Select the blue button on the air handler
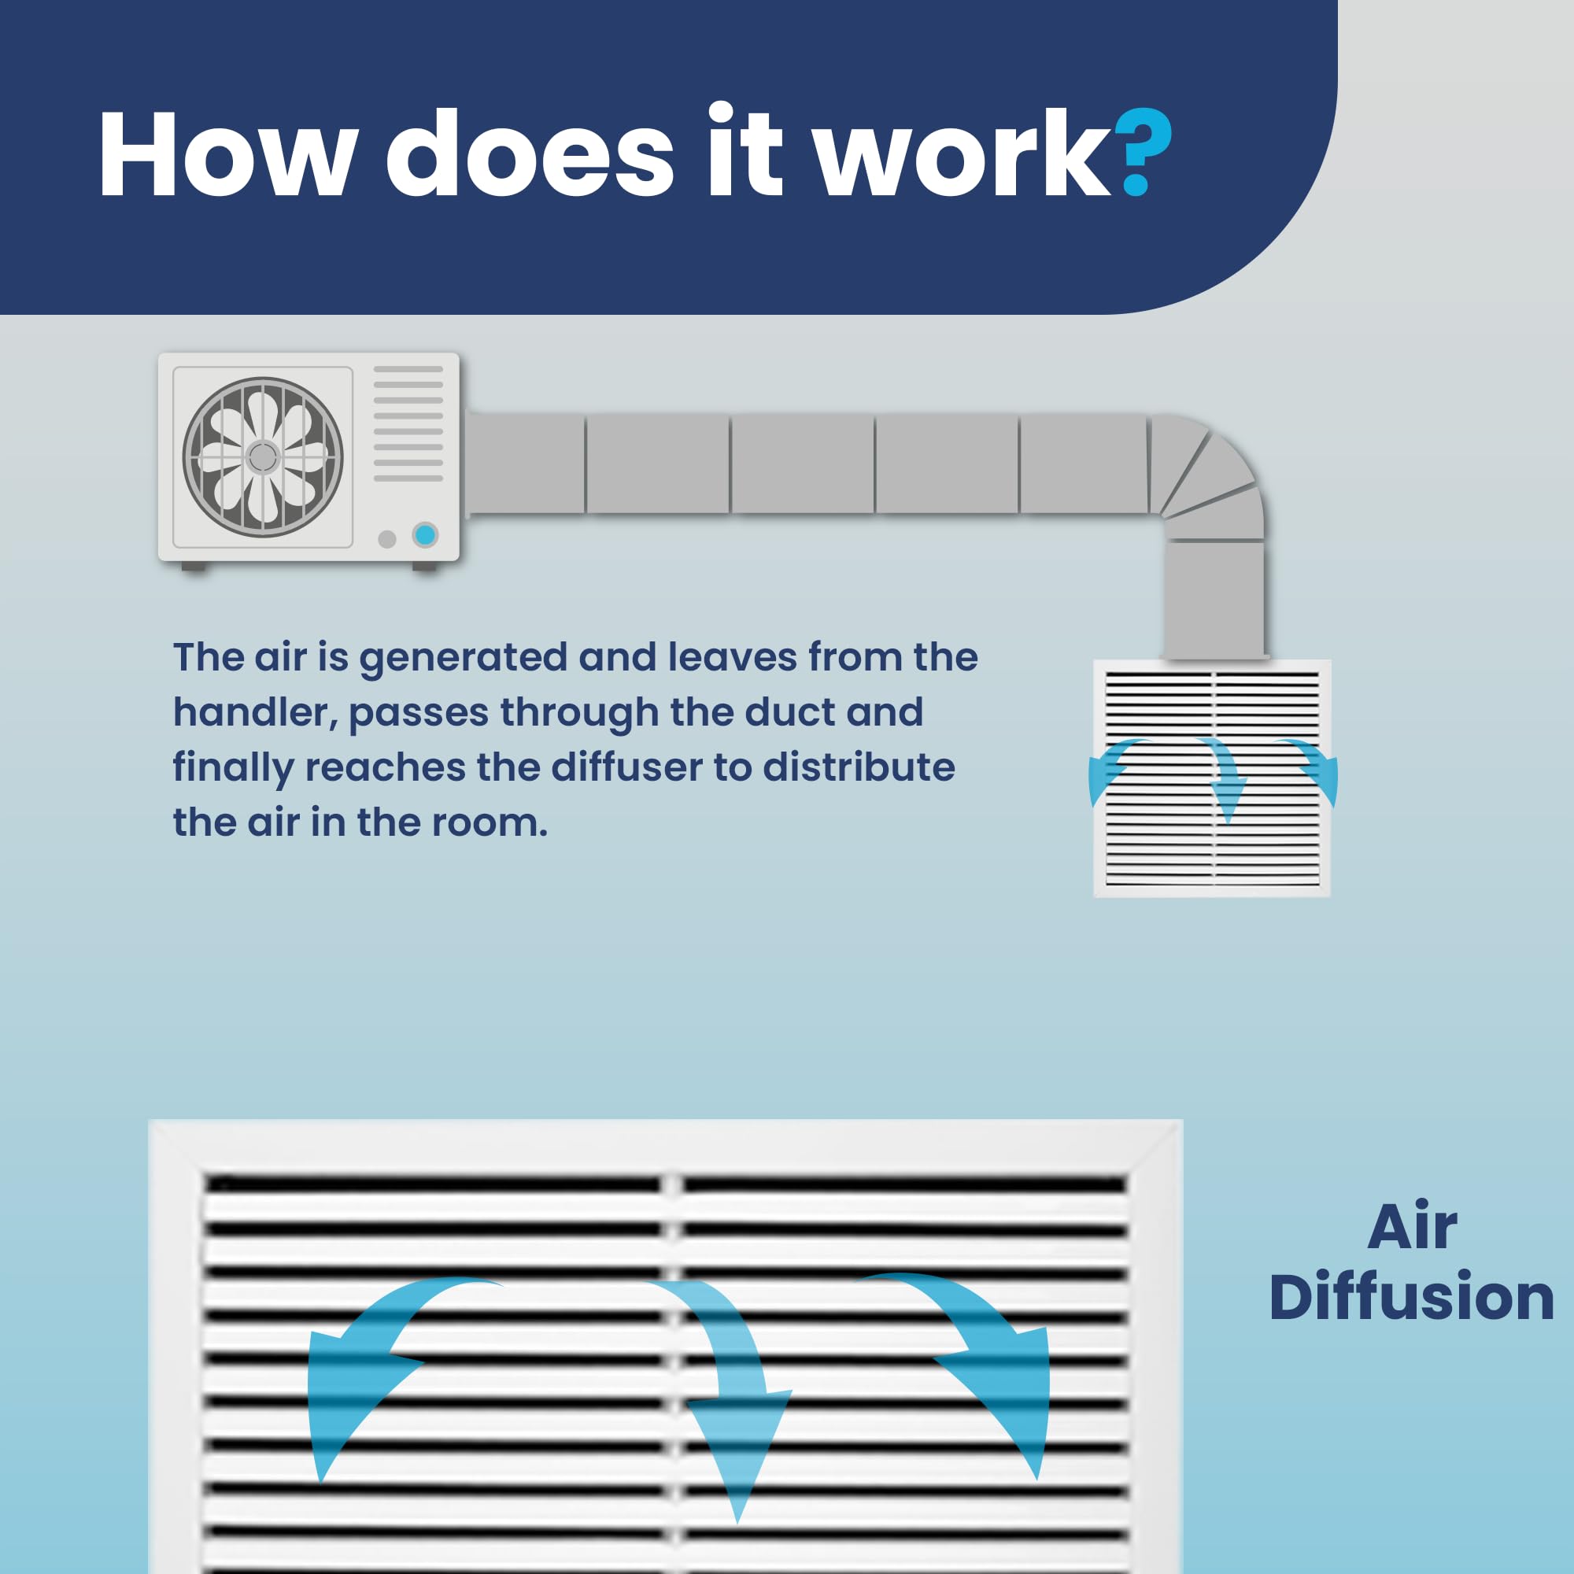pos(424,535)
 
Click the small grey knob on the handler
pos(387,538)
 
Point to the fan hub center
pos(262,457)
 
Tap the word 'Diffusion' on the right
pos(1411,1296)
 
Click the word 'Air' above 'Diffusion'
pos(1412,1226)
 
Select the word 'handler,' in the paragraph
pos(255,713)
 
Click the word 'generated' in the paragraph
pos(463,658)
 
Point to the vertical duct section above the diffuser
pos(1214,599)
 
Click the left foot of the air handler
pos(194,566)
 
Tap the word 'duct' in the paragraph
pos(789,713)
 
